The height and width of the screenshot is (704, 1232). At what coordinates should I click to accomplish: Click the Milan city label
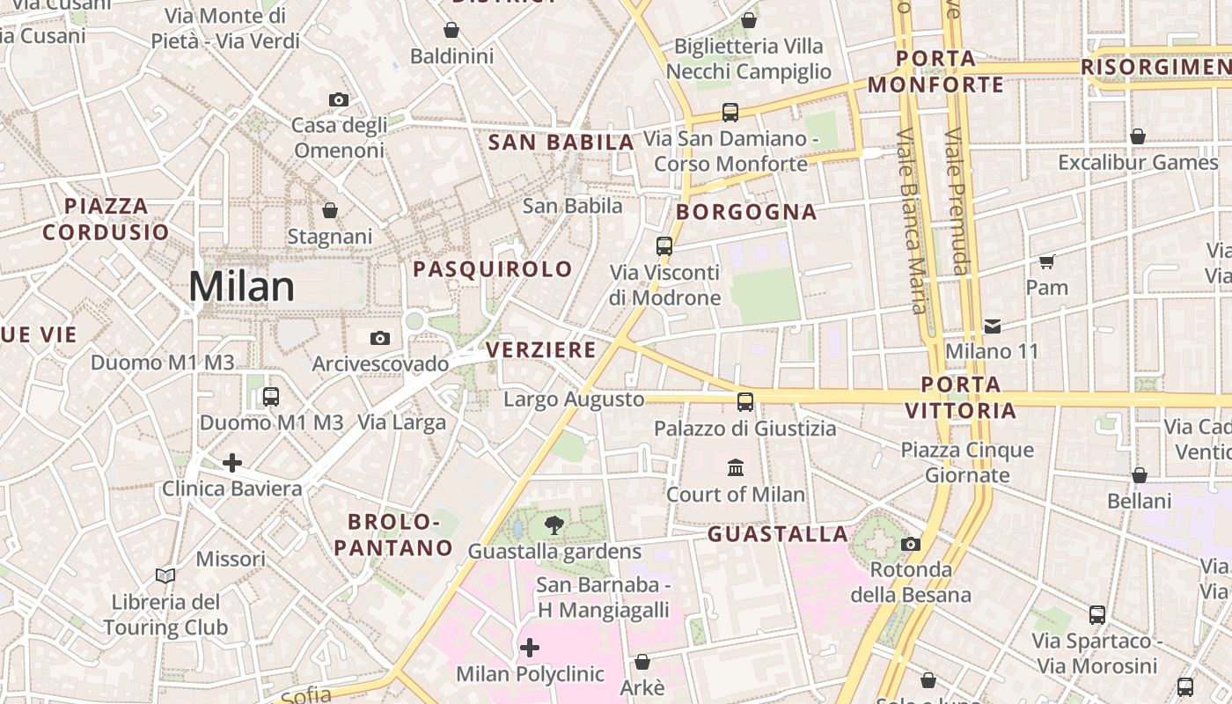(242, 287)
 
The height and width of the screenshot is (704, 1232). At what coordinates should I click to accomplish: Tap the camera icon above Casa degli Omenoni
(339, 100)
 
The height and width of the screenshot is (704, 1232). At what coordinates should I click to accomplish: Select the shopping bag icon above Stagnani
(330, 210)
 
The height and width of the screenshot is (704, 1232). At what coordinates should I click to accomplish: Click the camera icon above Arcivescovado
(380, 338)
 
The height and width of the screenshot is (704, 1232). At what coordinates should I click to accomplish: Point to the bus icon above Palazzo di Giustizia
(745, 402)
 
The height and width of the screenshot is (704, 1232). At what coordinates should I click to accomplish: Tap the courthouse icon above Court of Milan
(736, 467)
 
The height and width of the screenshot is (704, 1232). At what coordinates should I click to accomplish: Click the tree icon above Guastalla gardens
(554, 526)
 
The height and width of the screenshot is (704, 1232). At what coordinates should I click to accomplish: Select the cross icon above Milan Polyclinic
(530, 649)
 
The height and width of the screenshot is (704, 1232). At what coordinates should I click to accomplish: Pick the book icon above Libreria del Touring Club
(165, 576)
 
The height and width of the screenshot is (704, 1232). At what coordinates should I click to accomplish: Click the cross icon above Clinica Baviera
(232, 462)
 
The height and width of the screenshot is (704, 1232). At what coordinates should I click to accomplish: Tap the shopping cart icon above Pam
(1047, 261)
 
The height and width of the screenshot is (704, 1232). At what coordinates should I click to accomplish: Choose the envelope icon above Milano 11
(993, 326)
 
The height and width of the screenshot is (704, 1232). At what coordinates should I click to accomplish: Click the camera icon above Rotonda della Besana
(911, 544)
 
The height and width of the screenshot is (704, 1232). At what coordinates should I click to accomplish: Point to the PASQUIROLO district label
(493, 269)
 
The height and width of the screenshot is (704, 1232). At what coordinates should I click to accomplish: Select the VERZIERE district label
(541, 350)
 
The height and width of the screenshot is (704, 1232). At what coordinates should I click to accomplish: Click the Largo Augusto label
(574, 400)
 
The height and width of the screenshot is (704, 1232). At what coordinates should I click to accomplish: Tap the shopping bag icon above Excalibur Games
(1138, 136)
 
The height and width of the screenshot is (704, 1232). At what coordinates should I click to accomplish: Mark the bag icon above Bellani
(1140, 475)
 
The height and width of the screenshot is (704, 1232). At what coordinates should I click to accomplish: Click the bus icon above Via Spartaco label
(1097, 615)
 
